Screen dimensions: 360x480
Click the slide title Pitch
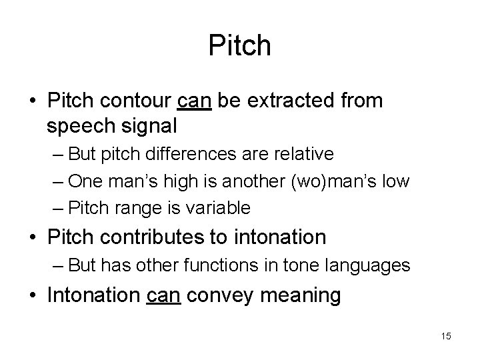click(240, 45)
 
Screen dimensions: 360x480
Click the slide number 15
click(445, 336)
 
